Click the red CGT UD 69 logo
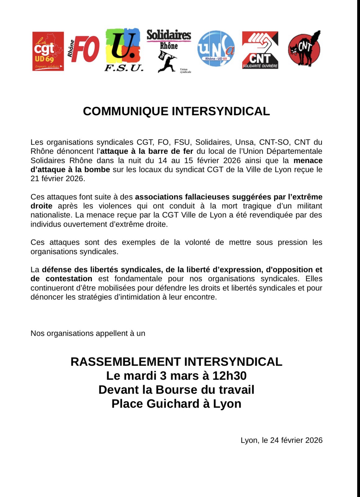tap(48, 51)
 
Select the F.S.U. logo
tap(124, 50)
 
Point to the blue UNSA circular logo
tap(216, 48)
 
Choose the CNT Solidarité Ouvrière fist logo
tap(260, 50)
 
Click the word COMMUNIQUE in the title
tap(126, 111)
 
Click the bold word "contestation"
tap(69, 279)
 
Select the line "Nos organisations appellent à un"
tap(88, 334)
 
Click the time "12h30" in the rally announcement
tap(230, 376)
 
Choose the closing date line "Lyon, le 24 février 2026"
tap(281, 440)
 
